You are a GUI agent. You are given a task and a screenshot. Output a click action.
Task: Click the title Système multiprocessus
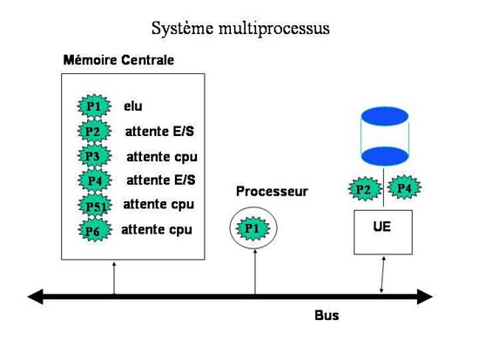point(240,29)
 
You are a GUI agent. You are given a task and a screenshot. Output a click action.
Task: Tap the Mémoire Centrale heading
point(118,59)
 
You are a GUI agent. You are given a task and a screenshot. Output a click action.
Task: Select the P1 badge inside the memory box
point(94,106)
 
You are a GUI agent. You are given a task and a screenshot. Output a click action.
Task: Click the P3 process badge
point(94,156)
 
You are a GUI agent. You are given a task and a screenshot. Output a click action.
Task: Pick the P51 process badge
point(95,206)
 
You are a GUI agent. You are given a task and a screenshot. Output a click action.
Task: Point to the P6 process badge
point(95,230)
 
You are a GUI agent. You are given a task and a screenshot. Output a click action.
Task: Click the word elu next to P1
point(133,106)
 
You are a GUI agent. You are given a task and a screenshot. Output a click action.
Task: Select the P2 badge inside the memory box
point(94,132)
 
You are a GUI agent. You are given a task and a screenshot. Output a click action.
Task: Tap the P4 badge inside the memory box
point(95,180)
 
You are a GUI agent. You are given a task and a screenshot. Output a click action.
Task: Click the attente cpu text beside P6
point(157,229)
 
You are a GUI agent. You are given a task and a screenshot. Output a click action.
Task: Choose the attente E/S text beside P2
point(159,132)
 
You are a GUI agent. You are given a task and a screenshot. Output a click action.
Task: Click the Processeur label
point(272,192)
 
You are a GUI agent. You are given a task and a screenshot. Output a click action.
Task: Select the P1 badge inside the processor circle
point(253,228)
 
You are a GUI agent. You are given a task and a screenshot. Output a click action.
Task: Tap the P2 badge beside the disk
point(365,189)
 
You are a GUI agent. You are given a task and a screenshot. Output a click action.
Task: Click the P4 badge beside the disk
point(404,187)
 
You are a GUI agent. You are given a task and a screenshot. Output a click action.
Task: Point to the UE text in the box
point(381,227)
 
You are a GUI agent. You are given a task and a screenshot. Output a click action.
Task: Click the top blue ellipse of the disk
point(385,116)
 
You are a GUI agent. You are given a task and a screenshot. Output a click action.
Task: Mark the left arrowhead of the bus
point(35,296)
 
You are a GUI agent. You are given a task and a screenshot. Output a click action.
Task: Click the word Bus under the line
point(327,316)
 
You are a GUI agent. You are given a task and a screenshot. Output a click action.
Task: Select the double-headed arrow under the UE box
point(382,275)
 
